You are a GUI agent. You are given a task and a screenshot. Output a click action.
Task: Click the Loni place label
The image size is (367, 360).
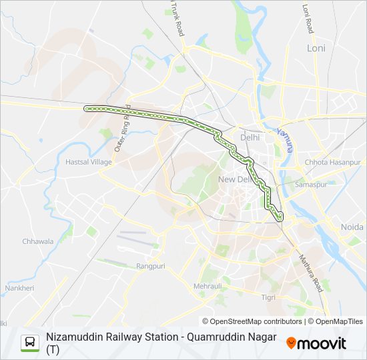[x=316, y=48]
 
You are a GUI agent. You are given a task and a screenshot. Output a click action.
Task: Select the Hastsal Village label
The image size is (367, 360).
[x=89, y=162]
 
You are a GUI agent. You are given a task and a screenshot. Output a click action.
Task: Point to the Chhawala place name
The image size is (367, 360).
[x=37, y=241]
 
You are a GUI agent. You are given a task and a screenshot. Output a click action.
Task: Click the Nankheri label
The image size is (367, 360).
[x=19, y=288]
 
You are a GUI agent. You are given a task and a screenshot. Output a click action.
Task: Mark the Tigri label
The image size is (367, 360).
[x=268, y=297]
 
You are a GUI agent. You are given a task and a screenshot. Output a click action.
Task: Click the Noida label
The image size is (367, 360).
[x=352, y=227]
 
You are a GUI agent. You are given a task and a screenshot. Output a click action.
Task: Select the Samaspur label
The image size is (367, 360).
[x=311, y=184]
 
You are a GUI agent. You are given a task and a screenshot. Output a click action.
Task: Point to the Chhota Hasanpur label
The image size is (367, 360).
[x=332, y=162]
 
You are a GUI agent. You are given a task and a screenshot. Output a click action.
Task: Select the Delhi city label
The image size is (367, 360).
[x=250, y=137]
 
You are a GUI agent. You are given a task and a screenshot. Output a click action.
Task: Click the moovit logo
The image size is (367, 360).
[x=316, y=343]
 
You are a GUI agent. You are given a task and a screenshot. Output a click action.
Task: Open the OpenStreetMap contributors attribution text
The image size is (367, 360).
[x=253, y=321]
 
